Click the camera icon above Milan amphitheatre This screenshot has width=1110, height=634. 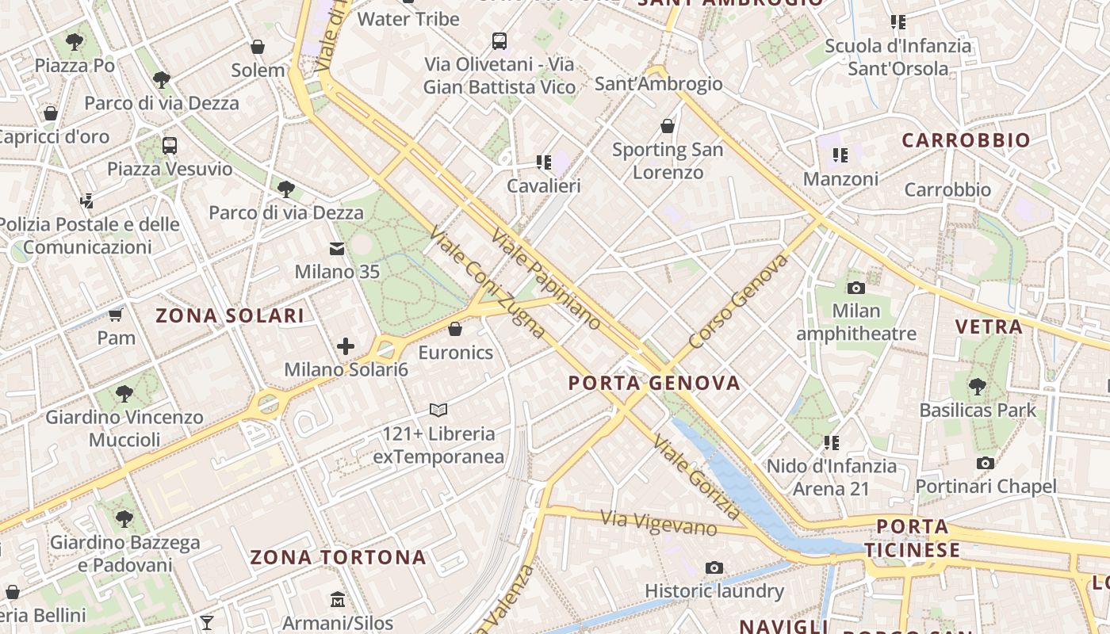[x=855, y=288]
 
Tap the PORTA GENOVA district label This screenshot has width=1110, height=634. [x=654, y=384]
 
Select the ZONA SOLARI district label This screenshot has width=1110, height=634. [x=230, y=316]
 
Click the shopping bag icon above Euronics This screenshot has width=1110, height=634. [x=455, y=329]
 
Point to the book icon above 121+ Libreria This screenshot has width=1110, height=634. [x=438, y=410]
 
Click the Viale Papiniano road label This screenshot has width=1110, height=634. [x=546, y=279]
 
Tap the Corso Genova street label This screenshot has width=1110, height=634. [x=739, y=301]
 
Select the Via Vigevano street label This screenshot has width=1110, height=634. [x=659, y=523]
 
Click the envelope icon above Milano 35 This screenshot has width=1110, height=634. [x=337, y=250]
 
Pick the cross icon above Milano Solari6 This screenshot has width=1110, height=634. [x=346, y=346]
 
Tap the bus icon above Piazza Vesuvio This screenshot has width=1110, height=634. [x=170, y=146]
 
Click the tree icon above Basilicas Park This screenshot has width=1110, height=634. [x=978, y=387]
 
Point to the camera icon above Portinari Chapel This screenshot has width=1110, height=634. [x=986, y=463]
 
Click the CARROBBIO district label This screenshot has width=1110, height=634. [x=966, y=141]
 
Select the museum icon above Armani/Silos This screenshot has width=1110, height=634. [x=338, y=599]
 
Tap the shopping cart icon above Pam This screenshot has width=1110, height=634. [x=116, y=315]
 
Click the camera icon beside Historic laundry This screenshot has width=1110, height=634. [x=714, y=567]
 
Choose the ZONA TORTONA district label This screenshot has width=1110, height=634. [x=339, y=558]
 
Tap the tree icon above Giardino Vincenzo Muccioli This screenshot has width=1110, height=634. [x=124, y=393]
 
